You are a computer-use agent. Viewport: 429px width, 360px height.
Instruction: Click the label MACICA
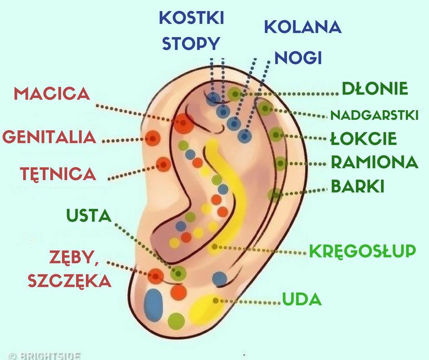point(51,94)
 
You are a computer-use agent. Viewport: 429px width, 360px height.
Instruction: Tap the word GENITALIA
point(49,137)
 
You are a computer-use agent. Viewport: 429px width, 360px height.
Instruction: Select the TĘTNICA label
point(58,174)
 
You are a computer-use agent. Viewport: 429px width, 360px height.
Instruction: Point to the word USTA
point(89,215)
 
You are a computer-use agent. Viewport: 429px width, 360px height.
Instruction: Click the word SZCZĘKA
point(69,281)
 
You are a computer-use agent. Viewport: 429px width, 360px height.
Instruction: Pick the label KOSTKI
point(191,18)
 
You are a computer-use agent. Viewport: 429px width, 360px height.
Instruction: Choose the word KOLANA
point(303,27)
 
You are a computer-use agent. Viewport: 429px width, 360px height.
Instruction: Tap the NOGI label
point(298,58)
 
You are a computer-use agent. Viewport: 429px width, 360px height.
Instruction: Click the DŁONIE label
point(375,89)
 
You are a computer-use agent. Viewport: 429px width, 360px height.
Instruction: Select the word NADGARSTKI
point(374,115)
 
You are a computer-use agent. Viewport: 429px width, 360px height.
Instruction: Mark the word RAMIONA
point(374,162)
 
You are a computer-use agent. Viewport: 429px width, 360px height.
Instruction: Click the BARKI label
point(357,186)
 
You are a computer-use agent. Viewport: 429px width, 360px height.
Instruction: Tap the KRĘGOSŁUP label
point(362,251)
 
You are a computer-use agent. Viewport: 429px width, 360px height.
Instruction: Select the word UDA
point(302,300)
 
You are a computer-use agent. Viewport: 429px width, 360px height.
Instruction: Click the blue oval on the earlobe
point(153,304)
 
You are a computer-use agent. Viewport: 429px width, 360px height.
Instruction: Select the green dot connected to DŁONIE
point(235,94)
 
